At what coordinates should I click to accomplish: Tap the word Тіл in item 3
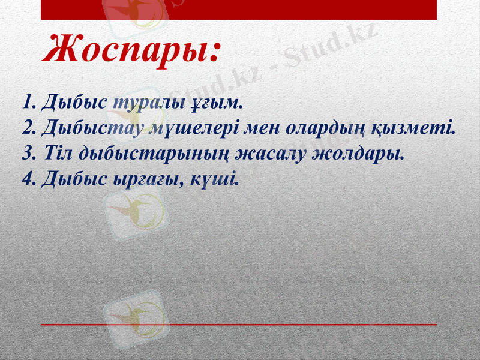coord(58,154)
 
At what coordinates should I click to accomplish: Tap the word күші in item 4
coord(217,179)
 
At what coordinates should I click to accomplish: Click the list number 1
coord(26,102)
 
